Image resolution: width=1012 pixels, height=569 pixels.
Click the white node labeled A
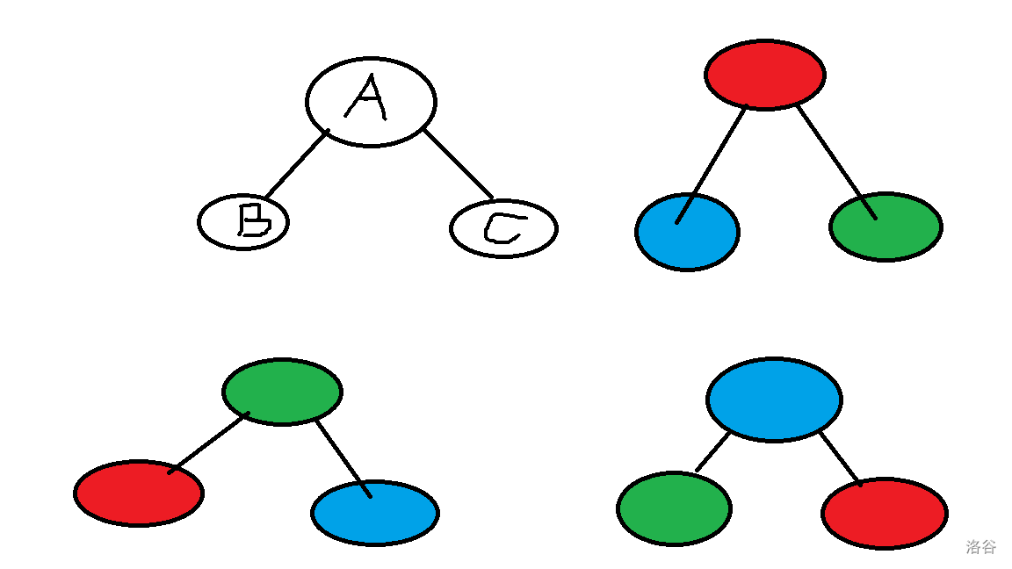click(x=371, y=101)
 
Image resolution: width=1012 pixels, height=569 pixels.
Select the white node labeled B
click(x=243, y=222)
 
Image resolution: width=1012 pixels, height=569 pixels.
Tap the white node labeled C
click(x=503, y=228)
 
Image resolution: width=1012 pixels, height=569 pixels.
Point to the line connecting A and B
click(x=296, y=164)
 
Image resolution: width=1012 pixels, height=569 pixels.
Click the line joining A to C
click(x=459, y=164)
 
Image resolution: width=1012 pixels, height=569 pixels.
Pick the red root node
click(x=764, y=75)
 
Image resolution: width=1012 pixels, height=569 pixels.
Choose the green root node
click(x=282, y=392)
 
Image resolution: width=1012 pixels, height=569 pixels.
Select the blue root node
click(x=774, y=400)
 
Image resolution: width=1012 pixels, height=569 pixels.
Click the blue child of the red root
click(x=687, y=232)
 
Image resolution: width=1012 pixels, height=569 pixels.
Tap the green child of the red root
click(x=885, y=227)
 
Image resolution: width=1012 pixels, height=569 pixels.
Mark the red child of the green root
click(x=139, y=493)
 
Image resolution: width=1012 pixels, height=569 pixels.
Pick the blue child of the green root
click(x=375, y=513)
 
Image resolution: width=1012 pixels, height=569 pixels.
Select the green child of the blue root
click(x=674, y=508)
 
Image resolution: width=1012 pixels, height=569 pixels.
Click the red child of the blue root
click(x=885, y=513)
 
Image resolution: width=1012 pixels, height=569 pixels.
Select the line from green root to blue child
click(x=343, y=457)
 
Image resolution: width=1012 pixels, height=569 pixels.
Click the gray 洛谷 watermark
click(x=981, y=547)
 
